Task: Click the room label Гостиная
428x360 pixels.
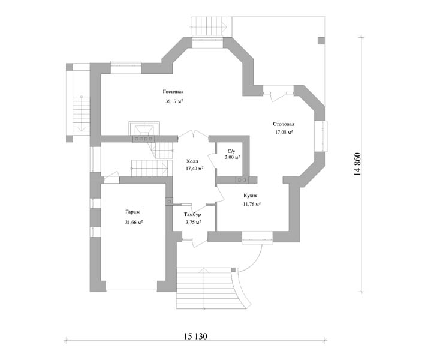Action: pos(173,92)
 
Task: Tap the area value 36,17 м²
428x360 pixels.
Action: pos(174,101)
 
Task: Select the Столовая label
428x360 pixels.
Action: pos(284,124)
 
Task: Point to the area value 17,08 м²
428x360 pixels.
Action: pos(284,132)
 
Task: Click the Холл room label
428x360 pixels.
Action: pos(192,161)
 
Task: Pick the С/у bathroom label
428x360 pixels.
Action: pos(231,151)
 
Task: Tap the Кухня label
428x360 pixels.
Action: pos(251,196)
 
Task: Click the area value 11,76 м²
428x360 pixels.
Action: pos(252,204)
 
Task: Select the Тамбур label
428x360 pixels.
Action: pos(192,214)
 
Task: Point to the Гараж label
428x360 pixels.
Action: pos(132,212)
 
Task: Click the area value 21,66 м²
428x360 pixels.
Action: pos(134,223)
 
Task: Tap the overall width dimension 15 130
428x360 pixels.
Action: pos(195,336)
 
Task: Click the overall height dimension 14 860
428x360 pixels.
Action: pos(357,164)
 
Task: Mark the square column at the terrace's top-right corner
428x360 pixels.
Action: pos(321,40)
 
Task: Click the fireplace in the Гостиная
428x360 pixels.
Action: pos(144,131)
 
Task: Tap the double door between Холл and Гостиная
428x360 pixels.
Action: pos(193,134)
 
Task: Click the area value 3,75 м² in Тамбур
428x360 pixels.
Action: pos(194,223)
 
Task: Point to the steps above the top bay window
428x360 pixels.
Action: pos(211,26)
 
